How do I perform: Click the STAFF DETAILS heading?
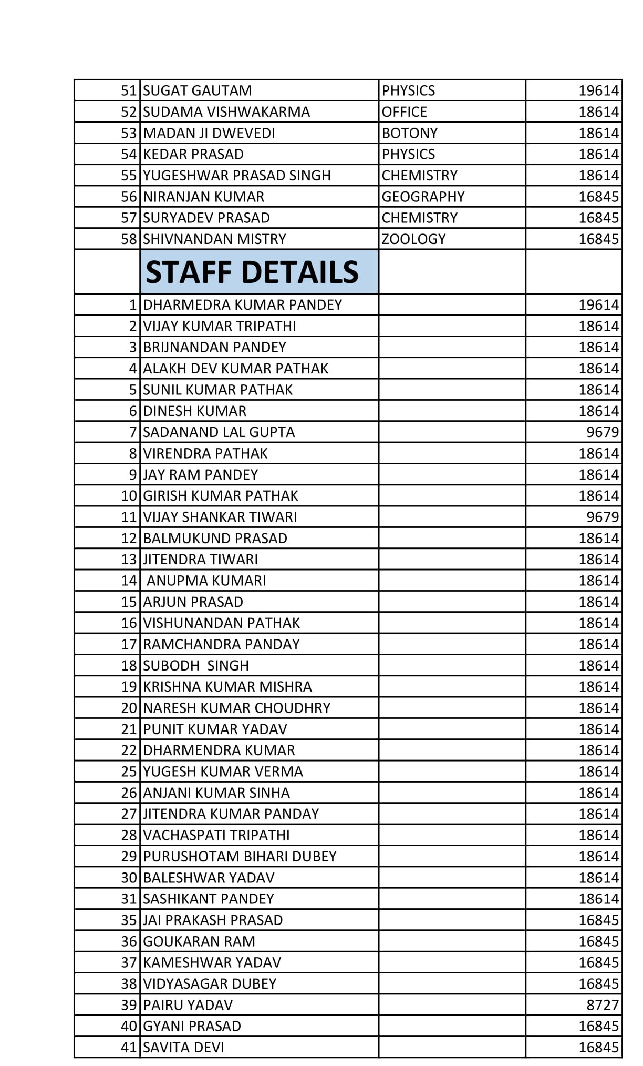[252, 272]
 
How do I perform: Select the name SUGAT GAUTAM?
[197, 90]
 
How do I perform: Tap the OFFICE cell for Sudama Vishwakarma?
[404, 112]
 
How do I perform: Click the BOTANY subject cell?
[409, 133]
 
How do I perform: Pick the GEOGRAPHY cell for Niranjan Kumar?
[423, 197]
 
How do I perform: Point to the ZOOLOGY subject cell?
[413, 239]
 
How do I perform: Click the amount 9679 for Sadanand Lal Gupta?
[603, 432]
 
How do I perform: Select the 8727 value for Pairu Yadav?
[603, 1005]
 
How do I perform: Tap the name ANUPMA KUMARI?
[206, 581]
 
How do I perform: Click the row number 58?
[129, 239]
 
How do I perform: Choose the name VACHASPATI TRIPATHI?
[216, 835]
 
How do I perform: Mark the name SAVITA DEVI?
[183, 1048]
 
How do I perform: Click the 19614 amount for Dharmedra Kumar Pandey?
[598, 305]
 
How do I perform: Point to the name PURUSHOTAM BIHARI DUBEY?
[240, 857]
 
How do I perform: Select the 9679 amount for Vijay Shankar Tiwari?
[603, 517]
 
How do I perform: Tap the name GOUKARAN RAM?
[199, 941]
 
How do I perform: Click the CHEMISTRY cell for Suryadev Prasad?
[419, 218]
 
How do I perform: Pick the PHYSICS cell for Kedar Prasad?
[408, 154]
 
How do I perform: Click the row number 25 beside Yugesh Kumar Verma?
[129, 771]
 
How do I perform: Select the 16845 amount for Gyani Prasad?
[598, 1026]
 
